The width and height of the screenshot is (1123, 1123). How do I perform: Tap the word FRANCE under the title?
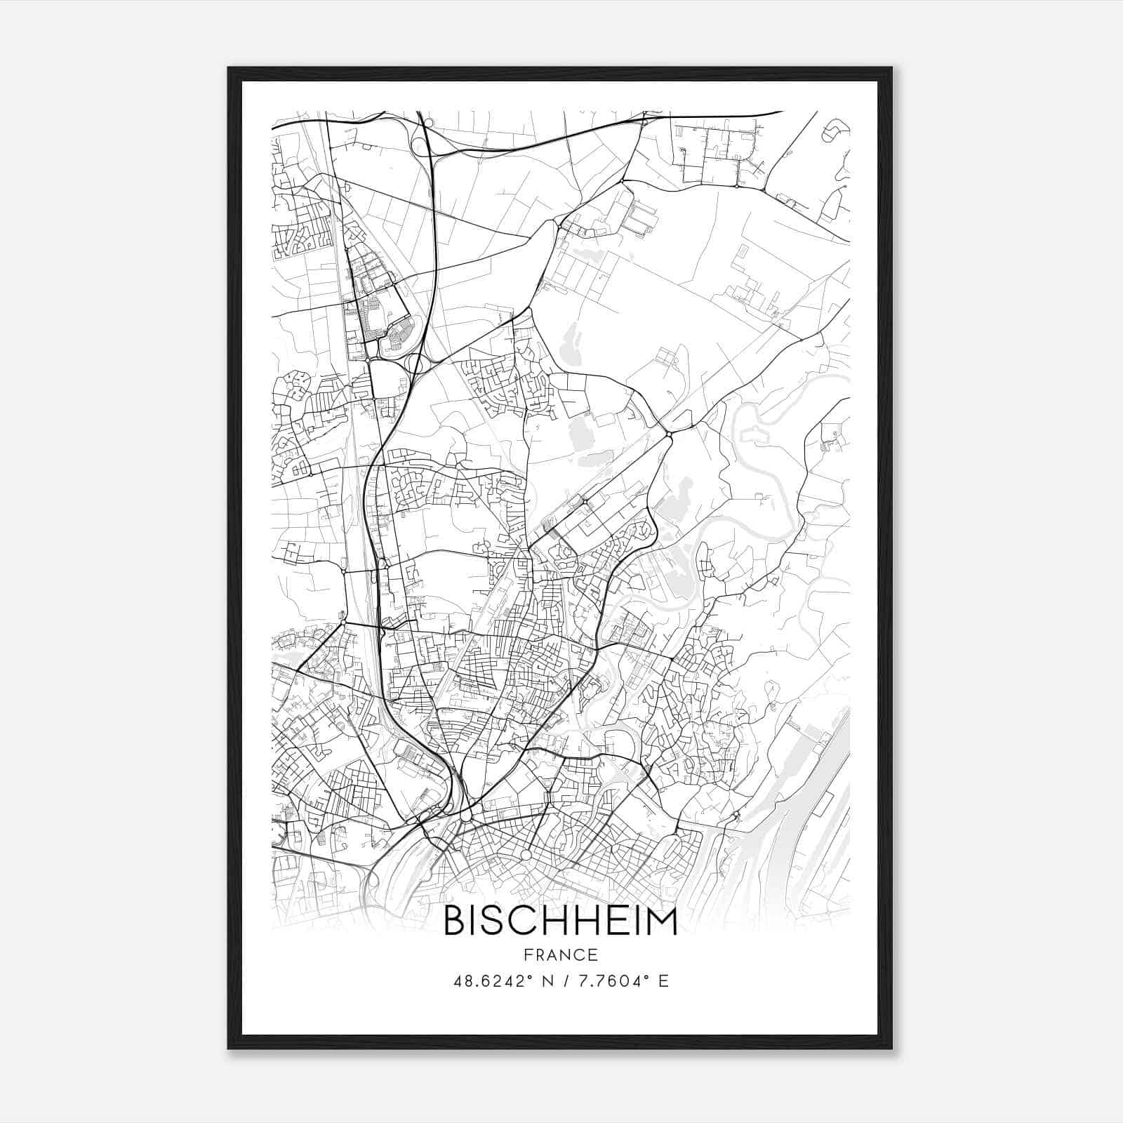coord(561,955)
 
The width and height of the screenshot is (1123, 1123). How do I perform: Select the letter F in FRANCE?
coord(528,955)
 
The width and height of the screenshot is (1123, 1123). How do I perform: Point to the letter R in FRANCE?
coord(540,955)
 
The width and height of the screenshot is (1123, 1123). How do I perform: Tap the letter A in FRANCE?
coord(554,955)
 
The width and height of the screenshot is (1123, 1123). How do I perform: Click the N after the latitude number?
coord(547,981)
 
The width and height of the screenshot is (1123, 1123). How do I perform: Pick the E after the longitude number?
coord(663,981)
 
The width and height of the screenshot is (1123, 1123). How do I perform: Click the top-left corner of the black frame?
coord(229,68)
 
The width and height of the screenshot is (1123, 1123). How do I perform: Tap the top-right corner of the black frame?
coord(891,68)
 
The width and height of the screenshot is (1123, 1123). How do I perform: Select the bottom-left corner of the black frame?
coord(229,1049)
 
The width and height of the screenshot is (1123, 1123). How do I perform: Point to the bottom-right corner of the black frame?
coord(891,1049)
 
